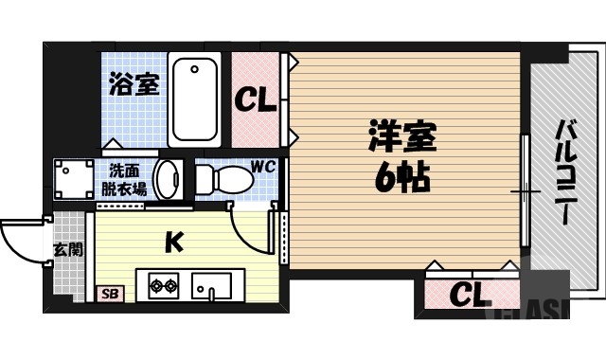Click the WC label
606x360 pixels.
(x=262, y=168)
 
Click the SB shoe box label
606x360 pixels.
(x=109, y=294)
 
